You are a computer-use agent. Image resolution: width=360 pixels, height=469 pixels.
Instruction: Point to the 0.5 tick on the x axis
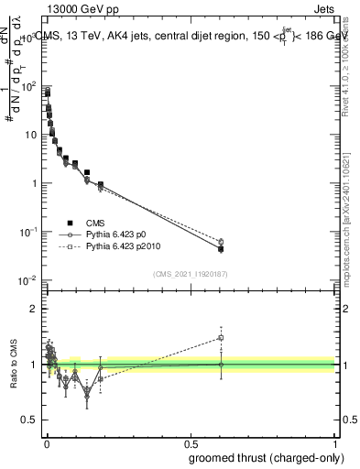click(191, 442)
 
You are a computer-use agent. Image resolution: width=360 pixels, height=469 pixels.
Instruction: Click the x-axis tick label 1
click(334, 442)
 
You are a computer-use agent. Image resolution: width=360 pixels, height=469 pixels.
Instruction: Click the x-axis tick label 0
click(47, 442)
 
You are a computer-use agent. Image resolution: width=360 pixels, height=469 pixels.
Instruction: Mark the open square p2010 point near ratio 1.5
click(220, 337)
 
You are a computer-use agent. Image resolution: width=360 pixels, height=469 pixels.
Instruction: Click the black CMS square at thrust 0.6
click(220, 249)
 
